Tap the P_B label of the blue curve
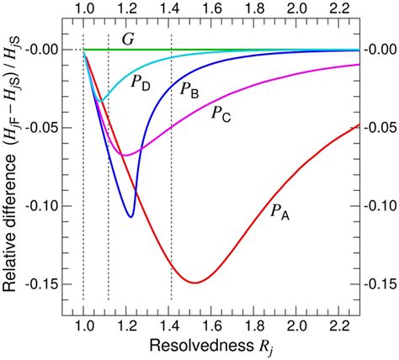[x=189, y=89]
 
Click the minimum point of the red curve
[x=195, y=283]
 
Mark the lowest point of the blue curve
[x=130, y=217]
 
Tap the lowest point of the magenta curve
[x=124, y=155]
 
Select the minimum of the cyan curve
[x=101, y=101]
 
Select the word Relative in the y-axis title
[x=12, y=252]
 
